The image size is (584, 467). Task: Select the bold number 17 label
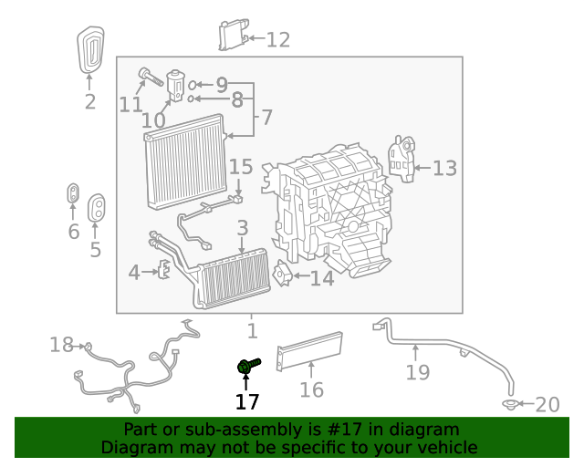(x=247, y=401)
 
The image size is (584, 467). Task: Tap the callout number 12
(x=277, y=39)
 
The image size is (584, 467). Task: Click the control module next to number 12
(x=233, y=36)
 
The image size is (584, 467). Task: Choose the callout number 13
(x=444, y=168)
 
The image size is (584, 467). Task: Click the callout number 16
(x=312, y=389)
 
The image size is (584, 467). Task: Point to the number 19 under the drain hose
(x=417, y=372)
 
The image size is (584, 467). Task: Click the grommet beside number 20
(x=509, y=404)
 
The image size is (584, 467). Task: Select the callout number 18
(x=61, y=345)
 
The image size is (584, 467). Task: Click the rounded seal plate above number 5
(x=96, y=208)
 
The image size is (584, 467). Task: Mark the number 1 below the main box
(x=252, y=331)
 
